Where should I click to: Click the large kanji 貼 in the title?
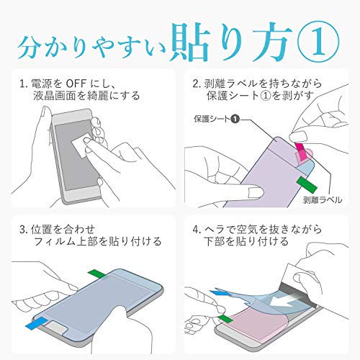[189, 41]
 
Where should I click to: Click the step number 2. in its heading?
[197, 84]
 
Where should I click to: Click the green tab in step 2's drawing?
[307, 184]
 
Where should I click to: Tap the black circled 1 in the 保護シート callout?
[235, 119]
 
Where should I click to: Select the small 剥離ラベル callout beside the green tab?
[323, 199]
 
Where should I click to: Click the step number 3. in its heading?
[24, 230]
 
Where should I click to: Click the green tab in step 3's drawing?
[98, 274]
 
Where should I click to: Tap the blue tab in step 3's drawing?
[37, 323]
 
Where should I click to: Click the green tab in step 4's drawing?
[226, 319]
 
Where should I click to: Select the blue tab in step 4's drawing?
[219, 293]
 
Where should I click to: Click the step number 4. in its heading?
[197, 230]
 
